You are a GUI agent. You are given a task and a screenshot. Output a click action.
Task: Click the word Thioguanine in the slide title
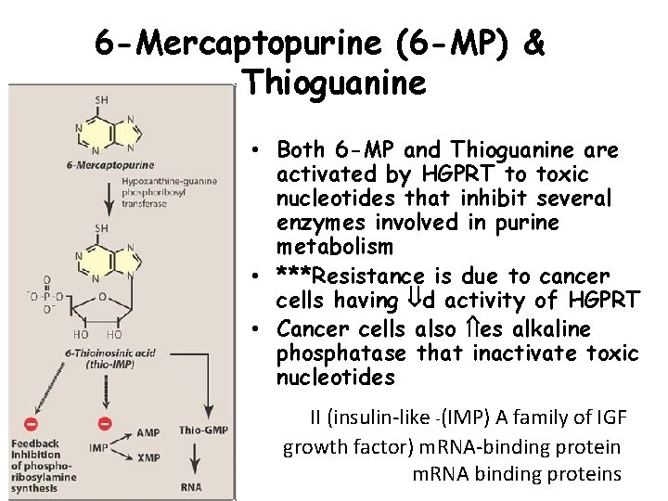pos(333,83)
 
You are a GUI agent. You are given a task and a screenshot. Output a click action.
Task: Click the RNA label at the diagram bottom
pos(192,485)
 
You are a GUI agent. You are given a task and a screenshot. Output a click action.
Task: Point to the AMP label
pos(148,432)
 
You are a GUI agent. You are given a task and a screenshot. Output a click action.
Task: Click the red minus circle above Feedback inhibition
pos(31,425)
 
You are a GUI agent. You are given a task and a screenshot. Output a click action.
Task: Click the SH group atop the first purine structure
pos(100,100)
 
